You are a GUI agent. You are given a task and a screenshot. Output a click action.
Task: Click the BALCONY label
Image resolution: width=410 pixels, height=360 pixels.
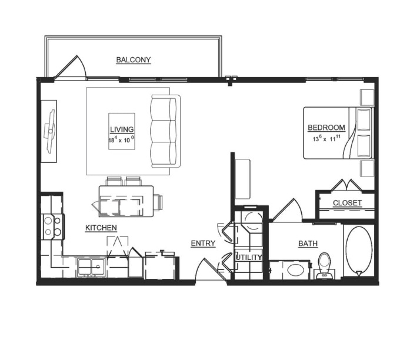click(x=134, y=60)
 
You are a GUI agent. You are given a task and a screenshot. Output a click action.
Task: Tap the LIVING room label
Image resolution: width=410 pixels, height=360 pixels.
click(x=122, y=129)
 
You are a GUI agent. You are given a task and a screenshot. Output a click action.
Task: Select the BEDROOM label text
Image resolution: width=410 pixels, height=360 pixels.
click(x=326, y=128)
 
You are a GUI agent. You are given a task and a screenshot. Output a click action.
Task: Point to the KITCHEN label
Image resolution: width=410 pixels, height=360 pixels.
click(x=101, y=228)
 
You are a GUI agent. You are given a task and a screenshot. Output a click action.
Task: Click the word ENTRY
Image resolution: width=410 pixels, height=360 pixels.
click(x=203, y=244)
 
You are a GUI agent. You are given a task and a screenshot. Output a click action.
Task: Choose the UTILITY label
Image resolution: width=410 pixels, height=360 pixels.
click(x=249, y=258)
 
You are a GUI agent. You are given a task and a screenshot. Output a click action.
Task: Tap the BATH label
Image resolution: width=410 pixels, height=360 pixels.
click(x=308, y=244)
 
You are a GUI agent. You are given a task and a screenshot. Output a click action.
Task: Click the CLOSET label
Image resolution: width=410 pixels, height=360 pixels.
click(x=347, y=203)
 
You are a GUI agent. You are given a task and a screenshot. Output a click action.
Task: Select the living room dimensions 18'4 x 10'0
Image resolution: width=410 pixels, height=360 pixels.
click(x=122, y=140)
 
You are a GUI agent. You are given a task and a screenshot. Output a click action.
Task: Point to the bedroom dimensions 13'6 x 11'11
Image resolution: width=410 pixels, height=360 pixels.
click(x=327, y=139)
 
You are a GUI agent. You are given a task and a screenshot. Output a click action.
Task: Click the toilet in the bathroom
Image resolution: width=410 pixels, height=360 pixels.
click(x=324, y=266)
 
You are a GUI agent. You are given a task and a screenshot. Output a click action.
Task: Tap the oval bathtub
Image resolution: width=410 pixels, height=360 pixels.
click(x=359, y=250)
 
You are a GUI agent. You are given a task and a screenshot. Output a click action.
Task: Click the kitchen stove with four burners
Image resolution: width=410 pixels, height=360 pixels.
click(x=53, y=226)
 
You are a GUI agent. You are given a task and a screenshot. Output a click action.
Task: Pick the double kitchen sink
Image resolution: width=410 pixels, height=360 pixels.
click(x=92, y=267)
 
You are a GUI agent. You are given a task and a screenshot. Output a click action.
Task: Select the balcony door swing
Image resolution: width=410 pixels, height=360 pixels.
click(x=71, y=67)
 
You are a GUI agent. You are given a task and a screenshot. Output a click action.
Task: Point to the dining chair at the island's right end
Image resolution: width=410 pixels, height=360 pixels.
click(x=158, y=202)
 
